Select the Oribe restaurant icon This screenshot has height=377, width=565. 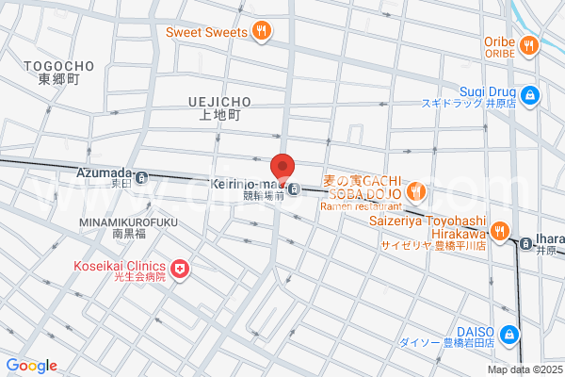529,42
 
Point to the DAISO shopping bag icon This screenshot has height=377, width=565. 509,334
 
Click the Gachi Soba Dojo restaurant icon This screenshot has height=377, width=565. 417,194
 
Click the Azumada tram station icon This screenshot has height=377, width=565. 141,177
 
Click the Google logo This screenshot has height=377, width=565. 31,366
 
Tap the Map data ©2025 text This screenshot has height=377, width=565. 523,369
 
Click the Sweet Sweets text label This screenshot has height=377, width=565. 205,32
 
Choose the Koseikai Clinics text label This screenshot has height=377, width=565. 120,265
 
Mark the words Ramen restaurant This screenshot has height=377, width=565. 363,205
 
